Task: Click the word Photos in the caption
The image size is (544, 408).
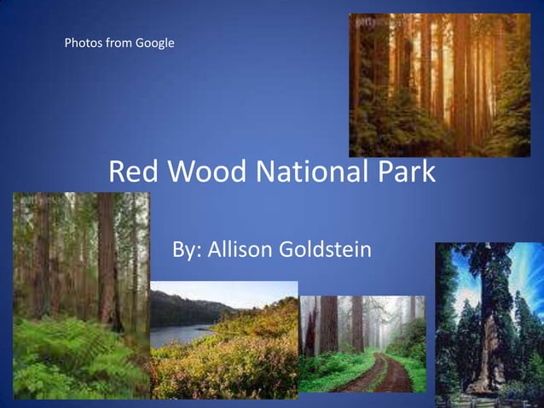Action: pos(83,43)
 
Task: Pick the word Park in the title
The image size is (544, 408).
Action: pos(405,173)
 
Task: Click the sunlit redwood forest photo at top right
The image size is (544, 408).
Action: pos(439,85)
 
